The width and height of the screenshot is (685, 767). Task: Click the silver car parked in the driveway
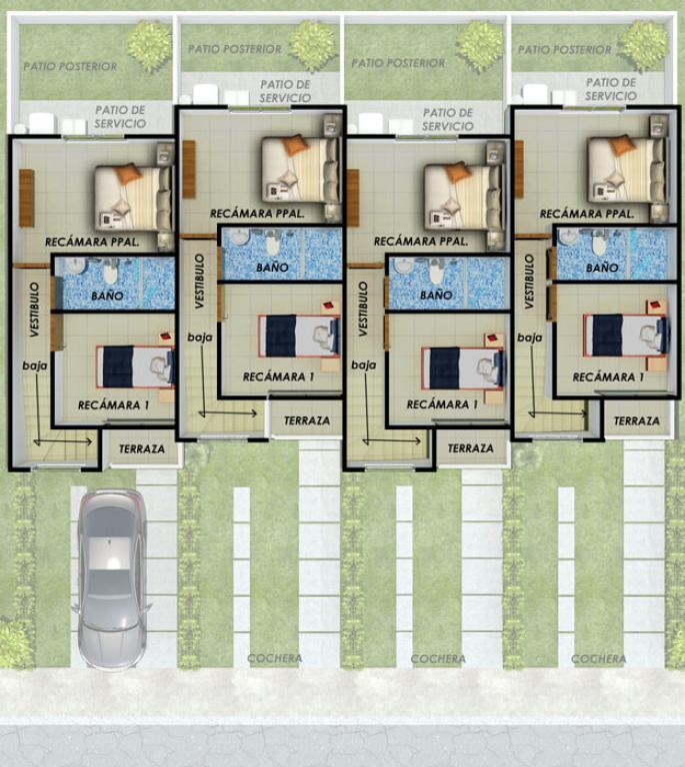[112, 578]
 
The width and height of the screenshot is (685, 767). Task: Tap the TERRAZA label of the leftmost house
[142, 448]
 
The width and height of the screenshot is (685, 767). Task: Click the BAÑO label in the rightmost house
[602, 268]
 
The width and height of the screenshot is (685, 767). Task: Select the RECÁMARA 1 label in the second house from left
[278, 377]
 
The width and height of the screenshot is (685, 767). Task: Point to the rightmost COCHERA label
[598, 659]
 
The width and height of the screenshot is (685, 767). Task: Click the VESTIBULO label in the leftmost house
[34, 309]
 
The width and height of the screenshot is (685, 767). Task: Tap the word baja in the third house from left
[363, 365]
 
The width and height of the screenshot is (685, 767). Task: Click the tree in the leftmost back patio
[149, 47]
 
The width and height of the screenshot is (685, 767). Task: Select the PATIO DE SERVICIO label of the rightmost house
[611, 89]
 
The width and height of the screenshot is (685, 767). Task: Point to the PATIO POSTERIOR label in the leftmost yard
[70, 66]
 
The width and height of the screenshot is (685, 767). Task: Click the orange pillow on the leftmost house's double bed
[128, 173]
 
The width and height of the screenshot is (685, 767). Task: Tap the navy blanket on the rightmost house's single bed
[607, 336]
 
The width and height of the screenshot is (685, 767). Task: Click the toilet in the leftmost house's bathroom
[110, 272]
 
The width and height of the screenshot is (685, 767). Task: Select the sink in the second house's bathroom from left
[239, 237]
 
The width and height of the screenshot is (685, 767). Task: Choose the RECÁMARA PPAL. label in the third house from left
[421, 242]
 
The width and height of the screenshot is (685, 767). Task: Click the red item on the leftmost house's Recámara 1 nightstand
[166, 337]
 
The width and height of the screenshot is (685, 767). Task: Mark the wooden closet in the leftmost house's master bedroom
[26, 198]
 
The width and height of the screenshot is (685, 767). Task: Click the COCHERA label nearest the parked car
[275, 658]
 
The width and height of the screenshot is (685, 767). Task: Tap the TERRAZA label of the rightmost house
[637, 420]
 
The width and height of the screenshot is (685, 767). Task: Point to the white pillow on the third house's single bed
[487, 368]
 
